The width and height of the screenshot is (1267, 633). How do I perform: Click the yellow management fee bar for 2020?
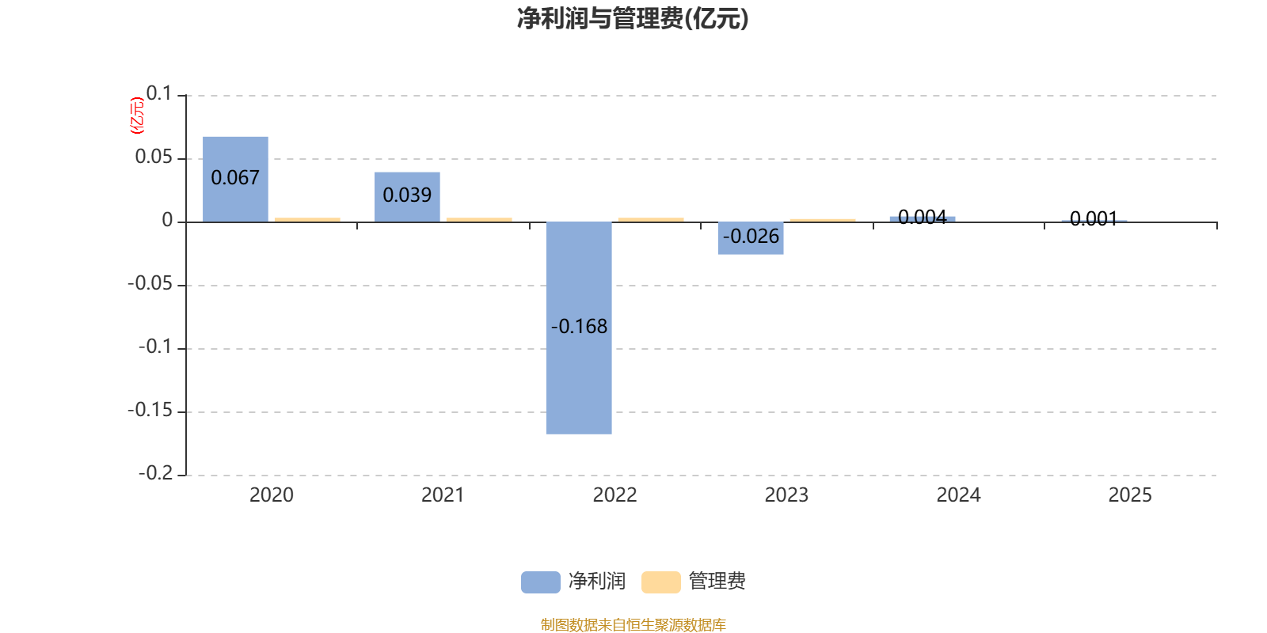pyautogui.click(x=307, y=219)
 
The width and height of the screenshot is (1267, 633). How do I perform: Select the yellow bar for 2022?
pyautogui.click(x=651, y=219)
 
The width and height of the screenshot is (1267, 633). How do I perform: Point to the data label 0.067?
pyautogui.click(x=235, y=178)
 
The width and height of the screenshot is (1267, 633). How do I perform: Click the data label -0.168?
pyautogui.click(x=579, y=326)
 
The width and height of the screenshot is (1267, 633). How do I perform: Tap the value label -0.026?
pyautogui.click(x=751, y=236)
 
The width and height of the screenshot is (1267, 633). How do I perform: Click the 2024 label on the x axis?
pyautogui.click(x=958, y=495)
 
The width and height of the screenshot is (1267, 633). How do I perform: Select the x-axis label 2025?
pyautogui.click(x=1130, y=495)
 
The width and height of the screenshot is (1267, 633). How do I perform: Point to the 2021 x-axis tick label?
pyautogui.click(x=443, y=495)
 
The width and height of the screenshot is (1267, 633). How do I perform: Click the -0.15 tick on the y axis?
pyautogui.click(x=150, y=411)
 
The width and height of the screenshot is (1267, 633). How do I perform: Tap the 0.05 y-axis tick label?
pyautogui.click(x=154, y=157)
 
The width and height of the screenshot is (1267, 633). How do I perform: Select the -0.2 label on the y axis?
pyautogui.click(x=155, y=473)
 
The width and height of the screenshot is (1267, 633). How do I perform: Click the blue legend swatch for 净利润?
pyautogui.click(x=540, y=582)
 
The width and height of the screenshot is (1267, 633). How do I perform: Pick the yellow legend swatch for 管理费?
pyautogui.click(x=660, y=582)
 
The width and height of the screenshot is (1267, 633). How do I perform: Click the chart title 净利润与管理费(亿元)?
pyautogui.click(x=633, y=19)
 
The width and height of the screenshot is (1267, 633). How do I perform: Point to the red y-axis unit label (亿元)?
pyautogui.click(x=137, y=116)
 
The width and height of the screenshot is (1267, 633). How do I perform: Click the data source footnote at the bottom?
pyautogui.click(x=633, y=625)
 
